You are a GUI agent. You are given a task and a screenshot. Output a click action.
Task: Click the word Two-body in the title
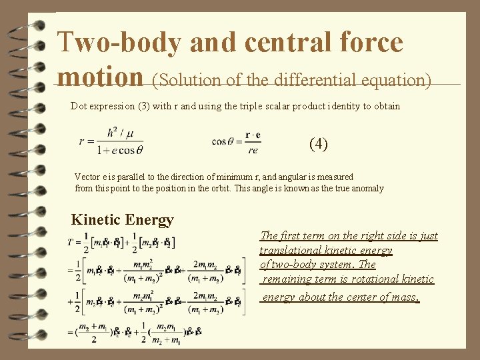coord(119,43)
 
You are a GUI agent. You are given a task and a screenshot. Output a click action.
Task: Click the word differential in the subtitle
coord(295,81)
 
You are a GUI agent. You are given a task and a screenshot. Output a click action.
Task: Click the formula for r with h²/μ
coord(111,141)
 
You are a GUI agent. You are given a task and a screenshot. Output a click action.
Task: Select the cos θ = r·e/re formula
coord(235,141)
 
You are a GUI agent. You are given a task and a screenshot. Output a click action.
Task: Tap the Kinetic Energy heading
coord(122,219)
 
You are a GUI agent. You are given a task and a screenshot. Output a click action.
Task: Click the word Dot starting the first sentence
coord(79,106)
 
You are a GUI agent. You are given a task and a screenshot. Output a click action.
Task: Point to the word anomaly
coord(366,189)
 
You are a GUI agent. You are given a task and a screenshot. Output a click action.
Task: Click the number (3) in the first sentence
coord(156,106)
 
